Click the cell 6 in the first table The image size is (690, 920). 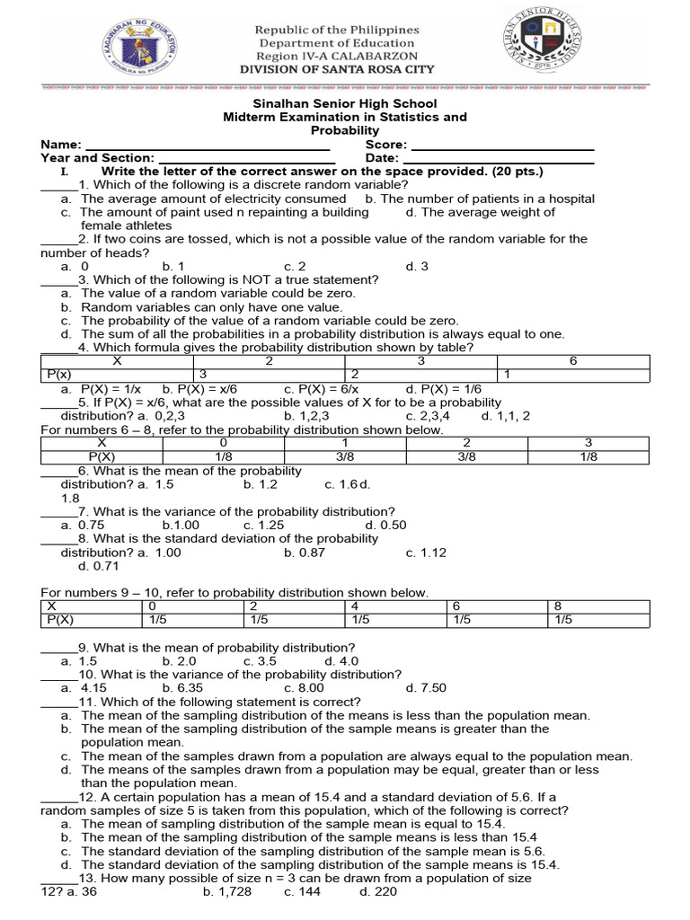[573, 360]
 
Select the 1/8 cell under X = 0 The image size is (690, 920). [223, 456]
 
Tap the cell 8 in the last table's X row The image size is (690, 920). [559, 606]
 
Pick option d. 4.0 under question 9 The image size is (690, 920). [341, 661]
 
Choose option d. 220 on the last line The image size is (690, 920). [377, 892]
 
